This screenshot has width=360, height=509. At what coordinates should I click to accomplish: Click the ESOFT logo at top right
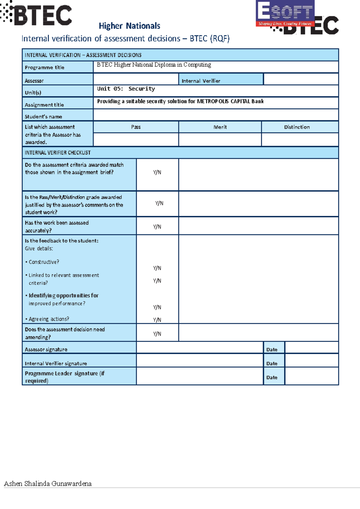pos(285,13)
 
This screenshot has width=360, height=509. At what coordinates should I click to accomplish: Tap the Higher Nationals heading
pos(129,26)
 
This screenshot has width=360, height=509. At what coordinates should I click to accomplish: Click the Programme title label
pos(44,67)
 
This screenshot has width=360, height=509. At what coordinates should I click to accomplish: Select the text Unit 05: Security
pos(126,89)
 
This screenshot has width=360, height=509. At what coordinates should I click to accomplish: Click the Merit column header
pos(220,127)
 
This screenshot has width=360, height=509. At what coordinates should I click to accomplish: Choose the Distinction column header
pos(297,127)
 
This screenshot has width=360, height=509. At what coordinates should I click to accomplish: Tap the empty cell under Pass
pos(136,140)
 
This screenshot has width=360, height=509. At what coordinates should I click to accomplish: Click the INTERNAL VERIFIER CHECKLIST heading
pos(58,153)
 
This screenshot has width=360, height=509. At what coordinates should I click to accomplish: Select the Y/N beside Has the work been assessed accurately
pos(157,227)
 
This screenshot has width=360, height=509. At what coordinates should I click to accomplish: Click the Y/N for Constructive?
pos(157,268)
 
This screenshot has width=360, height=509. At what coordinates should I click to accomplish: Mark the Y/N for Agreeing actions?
pos(157,320)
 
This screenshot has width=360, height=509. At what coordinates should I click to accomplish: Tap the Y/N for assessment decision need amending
pos(157,334)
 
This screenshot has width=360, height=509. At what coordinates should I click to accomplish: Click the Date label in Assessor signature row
pos(272,350)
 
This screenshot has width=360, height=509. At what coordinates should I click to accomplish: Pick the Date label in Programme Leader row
pos(272,378)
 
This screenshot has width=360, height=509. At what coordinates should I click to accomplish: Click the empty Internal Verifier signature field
pos(199,361)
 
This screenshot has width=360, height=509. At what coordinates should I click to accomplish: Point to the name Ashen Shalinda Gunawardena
pos(48,484)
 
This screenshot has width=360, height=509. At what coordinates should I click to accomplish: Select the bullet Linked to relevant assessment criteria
pos(64,279)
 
